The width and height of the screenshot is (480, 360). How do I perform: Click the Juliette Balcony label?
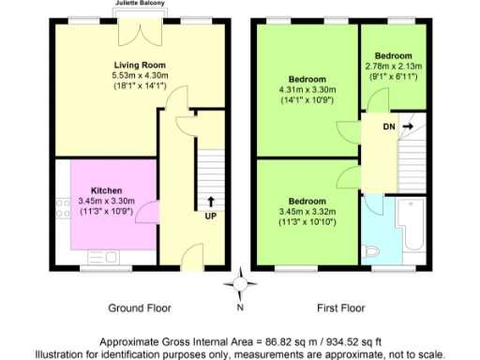(x=142, y=5)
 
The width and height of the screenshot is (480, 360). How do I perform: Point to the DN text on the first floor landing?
(x=388, y=125)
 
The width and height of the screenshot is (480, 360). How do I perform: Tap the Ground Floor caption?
(x=140, y=307)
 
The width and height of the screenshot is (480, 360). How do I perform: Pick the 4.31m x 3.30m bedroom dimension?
(x=307, y=89)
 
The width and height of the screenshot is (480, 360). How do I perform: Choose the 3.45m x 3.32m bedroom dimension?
(x=307, y=213)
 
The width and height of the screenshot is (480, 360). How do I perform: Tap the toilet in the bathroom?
(x=372, y=250)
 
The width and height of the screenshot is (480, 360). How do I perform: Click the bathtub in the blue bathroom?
(x=413, y=225)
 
